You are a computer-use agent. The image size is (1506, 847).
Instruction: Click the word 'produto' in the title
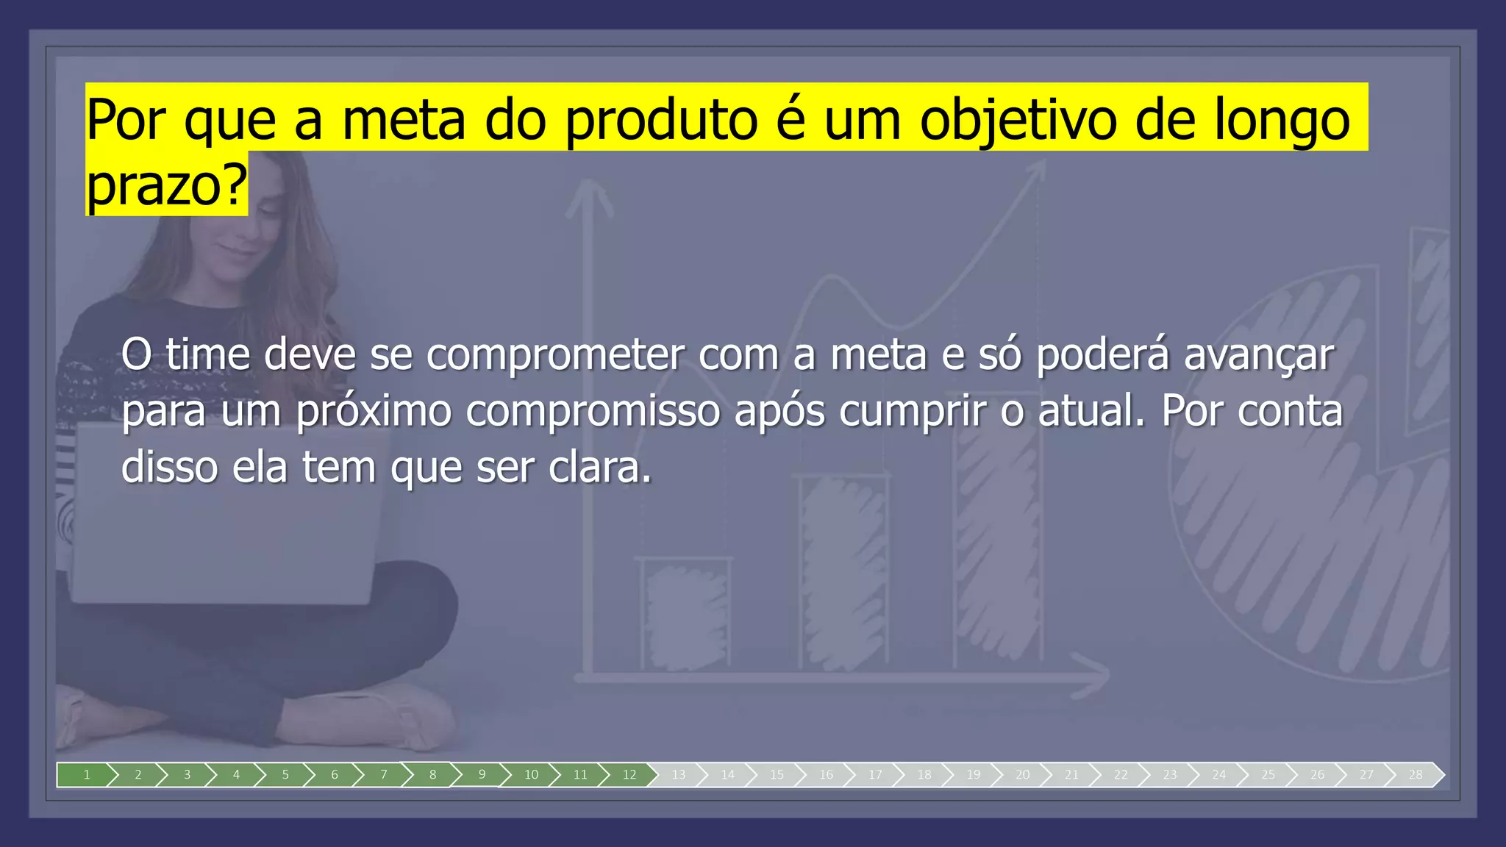click(661, 120)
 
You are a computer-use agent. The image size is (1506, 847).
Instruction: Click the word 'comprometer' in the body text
click(555, 355)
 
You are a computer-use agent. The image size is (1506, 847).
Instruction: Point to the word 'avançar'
click(1258, 355)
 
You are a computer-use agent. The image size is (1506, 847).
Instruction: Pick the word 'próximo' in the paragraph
click(374, 411)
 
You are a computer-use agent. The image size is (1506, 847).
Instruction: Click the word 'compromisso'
click(593, 411)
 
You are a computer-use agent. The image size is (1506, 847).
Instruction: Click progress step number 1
click(86, 775)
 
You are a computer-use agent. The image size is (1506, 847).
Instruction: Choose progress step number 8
click(432, 775)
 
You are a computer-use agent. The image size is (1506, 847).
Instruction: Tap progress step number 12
click(629, 775)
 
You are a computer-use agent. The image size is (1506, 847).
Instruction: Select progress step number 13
click(678, 775)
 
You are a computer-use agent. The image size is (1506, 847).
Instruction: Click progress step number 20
click(1022, 775)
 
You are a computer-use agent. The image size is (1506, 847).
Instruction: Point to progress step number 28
click(1416, 775)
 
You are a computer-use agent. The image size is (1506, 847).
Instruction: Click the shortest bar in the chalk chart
click(685, 614)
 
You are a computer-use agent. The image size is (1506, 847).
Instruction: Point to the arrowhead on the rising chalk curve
click(1037, 168)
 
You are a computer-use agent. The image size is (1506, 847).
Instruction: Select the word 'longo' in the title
click(1282, 120)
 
